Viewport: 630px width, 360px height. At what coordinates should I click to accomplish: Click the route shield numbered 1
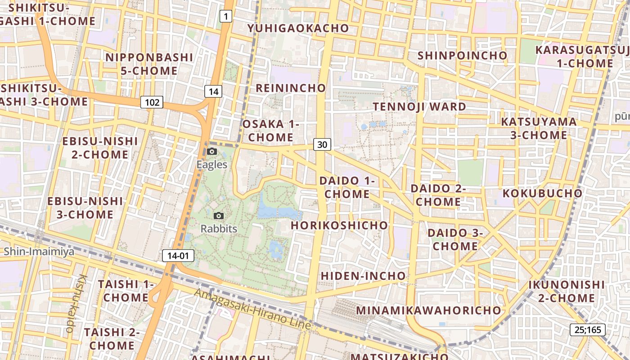coord(226,17)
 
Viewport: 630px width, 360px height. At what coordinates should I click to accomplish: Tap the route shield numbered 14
coord(213,91)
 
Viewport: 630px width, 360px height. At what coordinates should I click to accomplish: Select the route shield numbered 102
coord(152,102)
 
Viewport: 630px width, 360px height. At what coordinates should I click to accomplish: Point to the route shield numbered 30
coord(322,144)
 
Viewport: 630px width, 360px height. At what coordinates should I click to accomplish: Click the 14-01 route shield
coord(178,256)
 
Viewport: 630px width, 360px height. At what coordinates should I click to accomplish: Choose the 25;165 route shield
coord(588,329)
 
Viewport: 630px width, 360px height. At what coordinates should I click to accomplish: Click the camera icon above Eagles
coord(212,152)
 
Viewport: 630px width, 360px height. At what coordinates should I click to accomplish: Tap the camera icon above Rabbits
coord(219,216)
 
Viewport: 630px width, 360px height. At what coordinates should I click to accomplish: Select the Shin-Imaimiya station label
coord(39,251)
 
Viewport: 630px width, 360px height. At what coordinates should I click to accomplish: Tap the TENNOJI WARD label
coord(419,107)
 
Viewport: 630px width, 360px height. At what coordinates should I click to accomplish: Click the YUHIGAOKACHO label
coord(298,28)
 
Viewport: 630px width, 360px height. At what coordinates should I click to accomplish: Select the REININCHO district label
coord(290,88)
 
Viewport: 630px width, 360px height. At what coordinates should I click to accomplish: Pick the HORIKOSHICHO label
coord(339,225)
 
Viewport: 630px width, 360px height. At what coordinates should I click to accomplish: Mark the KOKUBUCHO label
coord(542,193)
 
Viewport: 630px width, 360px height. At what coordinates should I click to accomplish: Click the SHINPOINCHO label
coord(462,55)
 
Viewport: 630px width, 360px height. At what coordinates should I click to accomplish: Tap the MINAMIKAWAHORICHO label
coord(428,310)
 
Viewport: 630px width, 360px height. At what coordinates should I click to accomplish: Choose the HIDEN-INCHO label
coord(363,275)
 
